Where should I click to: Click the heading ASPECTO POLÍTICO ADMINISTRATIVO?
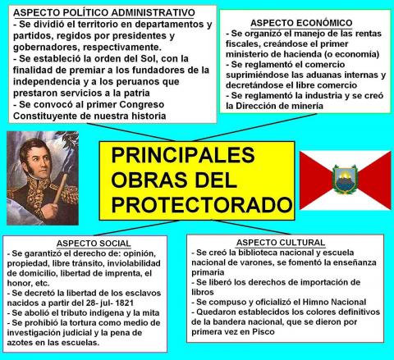click(x=104, y=12)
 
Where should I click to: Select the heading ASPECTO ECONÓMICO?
click(x=301, y=23)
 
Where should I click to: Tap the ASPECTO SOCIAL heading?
click(x=94, y=244)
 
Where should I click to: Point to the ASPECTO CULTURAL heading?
click(x=281, y=243)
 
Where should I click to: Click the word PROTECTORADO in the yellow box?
click(x=202, y=205)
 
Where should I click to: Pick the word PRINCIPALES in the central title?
click(x=183, y=155)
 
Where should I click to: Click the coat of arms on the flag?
click(x=345, y=179)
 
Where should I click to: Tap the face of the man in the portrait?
click(x=36, y=161)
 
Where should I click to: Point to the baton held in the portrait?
click(x=60, y=189)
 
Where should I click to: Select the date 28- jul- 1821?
click(x=106, y=303)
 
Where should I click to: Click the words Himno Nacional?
click(x=334, y=302)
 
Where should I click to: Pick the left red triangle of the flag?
click(x=315, y=180)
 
